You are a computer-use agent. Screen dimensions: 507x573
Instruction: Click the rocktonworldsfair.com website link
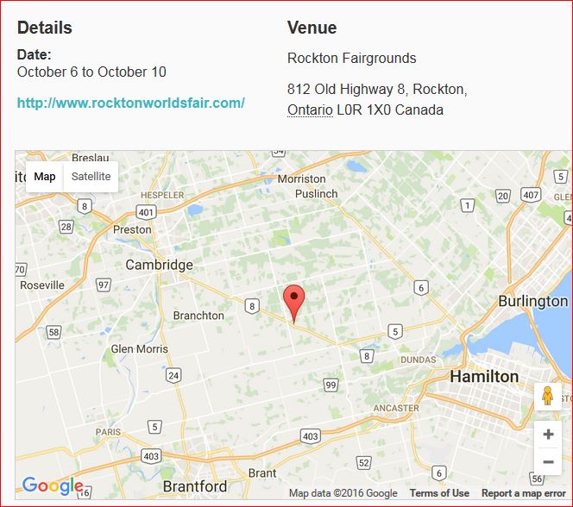130,103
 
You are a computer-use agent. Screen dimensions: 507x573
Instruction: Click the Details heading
45,28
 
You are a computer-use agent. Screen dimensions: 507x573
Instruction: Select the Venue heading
312,28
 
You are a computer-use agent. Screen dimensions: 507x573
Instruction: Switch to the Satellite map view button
91,177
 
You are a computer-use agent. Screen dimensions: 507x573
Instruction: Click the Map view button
45,177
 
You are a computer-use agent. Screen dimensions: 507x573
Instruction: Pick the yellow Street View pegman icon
547,396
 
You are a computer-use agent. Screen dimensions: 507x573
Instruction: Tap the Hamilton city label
484,377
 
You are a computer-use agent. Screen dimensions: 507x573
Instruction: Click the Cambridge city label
159,265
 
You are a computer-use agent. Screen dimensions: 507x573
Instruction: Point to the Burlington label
532,301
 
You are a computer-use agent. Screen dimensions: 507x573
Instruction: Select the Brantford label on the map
194,486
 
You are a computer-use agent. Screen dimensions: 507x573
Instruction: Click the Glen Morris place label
139,348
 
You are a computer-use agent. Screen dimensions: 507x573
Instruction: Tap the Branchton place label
198,316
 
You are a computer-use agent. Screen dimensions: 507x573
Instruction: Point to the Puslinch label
316,194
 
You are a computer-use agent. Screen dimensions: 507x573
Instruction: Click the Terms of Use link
439,493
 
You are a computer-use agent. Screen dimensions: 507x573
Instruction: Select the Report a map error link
524,493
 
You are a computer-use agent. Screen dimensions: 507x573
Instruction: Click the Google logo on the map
52,486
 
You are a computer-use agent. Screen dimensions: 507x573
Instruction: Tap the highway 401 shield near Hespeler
146,212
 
